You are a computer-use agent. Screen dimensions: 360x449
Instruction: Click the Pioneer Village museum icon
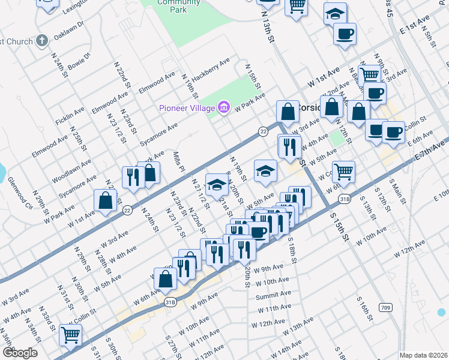pos(224,107)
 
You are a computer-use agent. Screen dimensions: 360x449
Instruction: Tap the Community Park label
pos(170,6)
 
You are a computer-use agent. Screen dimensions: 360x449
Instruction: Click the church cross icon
pos(41,41)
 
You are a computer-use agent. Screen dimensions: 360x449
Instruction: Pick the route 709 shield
pos(385,307)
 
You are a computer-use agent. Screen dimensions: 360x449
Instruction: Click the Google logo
pos(20,353)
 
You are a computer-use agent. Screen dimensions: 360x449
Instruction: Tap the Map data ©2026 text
pos(423,355)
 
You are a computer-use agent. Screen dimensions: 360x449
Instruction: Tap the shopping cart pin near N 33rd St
pos(71,336)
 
